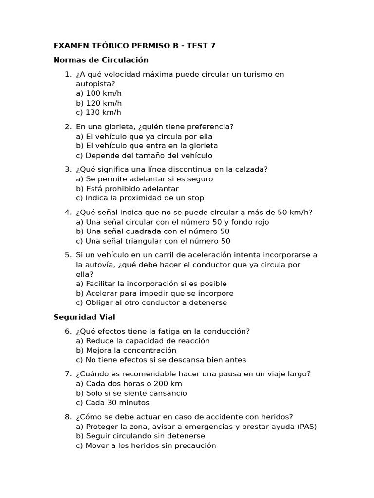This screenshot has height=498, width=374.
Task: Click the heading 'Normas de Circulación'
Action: pyautogui.click(x=101, y=60)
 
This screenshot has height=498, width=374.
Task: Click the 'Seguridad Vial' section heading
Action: pyautogui.click(x=84, y=317)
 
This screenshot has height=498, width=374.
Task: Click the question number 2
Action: pyautogui.click(x=68, y=127)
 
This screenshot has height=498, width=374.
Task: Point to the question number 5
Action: pyautogui.click(x=68, y=255)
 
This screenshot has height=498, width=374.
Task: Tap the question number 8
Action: pyautogui.click(x=68, y=417)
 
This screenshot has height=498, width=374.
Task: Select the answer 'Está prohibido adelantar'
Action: pyautogui.click(x=128, y=189)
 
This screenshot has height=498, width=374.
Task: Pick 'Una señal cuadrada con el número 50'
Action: pyautogui.click(x=153, y=231)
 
